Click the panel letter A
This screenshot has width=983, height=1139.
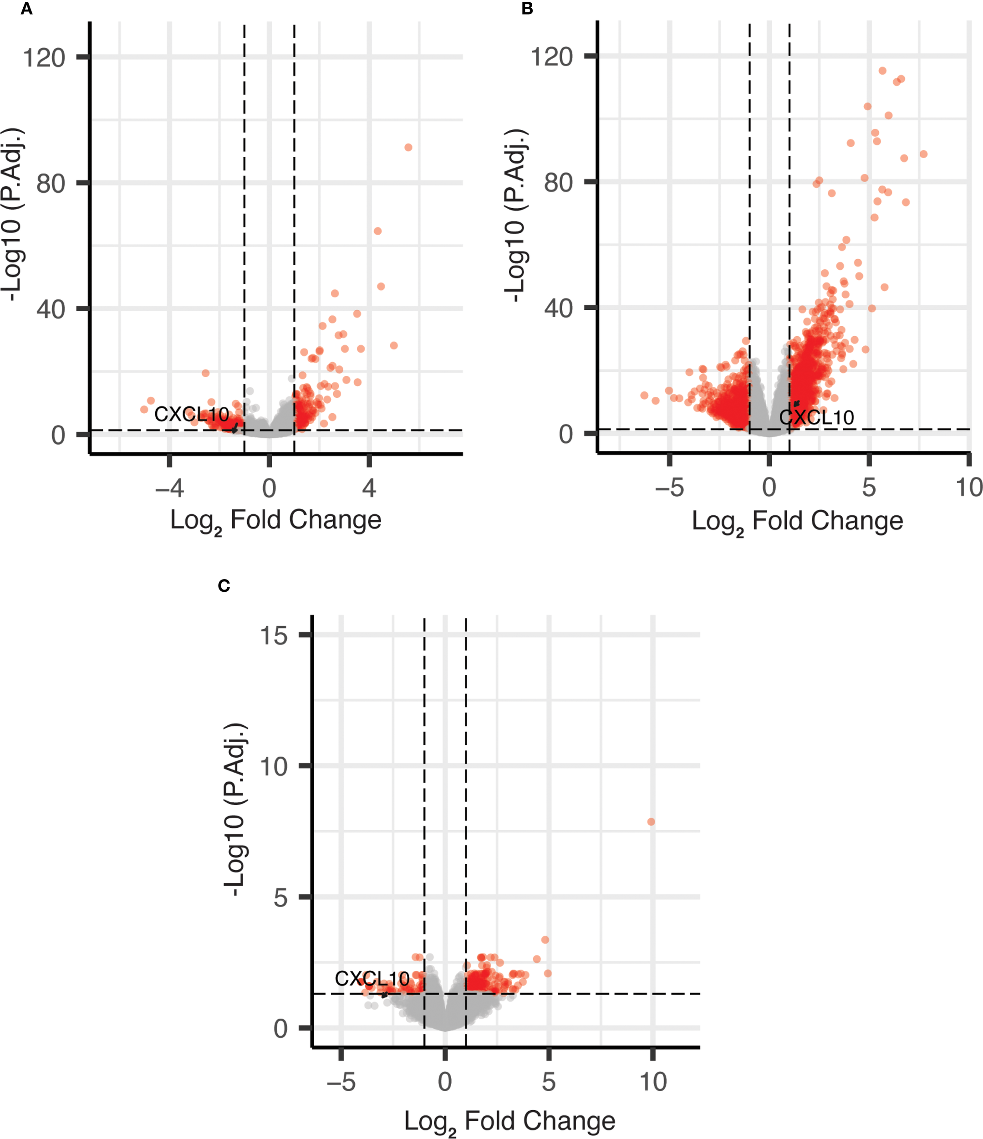pyautogui.click(x=26, y=10)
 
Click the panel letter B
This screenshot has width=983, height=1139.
pyautogui.click(x=527, y=10)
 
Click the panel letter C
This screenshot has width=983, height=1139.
pyautogui.click(x=224, y=586)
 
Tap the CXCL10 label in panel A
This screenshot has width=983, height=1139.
pyautogui.click(x=191, y=415)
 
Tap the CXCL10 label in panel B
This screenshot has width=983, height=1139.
pyautogui.click(x=816, y=418)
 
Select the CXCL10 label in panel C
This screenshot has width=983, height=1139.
pyautogui.click(x=372, y=979)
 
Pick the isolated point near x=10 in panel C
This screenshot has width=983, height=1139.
pyautogui.click(x=651, y=822)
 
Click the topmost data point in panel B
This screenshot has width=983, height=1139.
pyautogui.click(x=882, y=70)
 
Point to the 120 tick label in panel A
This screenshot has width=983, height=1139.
pyautogui.click(x=44, y=57)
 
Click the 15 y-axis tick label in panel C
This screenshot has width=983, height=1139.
pyautogui.click(x=274, y=636)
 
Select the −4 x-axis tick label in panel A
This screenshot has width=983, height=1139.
pyautogui.click(x=169, y=488)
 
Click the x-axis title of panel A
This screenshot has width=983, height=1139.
pyautogui.click(x=275, y=520)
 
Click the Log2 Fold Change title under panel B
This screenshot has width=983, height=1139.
pyautogui.click(x=797, y=521)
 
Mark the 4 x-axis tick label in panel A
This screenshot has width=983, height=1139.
pyautogui.click(x=369, y=488)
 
